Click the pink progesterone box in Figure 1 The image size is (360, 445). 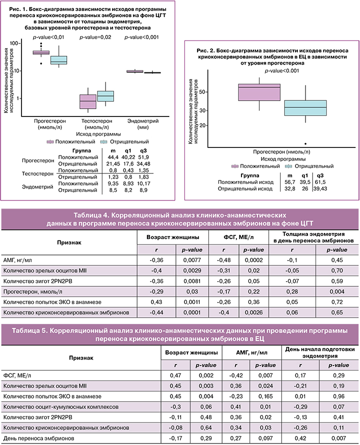[x=41, y=52]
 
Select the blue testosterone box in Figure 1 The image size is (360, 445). [x=105, y=95]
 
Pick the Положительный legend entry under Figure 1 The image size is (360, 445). [x=74, y=141]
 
